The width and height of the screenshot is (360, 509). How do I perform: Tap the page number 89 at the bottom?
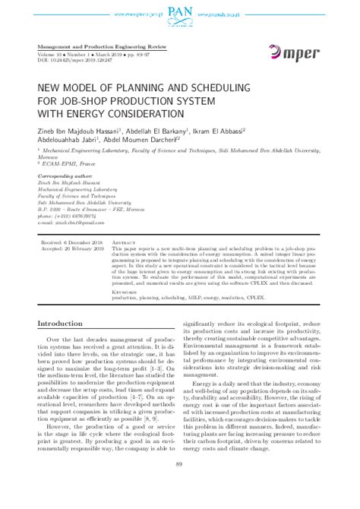(x=180, y=486)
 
